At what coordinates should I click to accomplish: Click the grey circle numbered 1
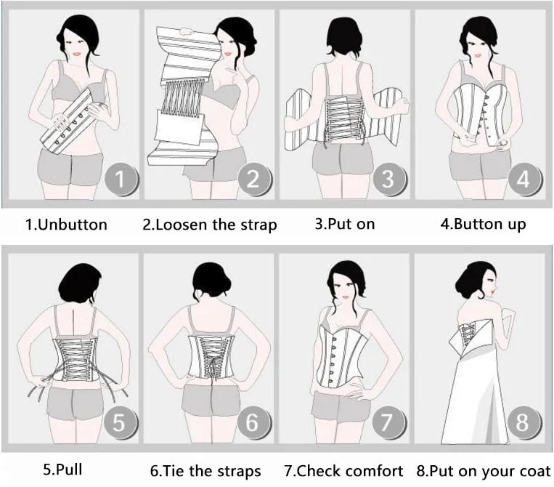[x=121, y=179]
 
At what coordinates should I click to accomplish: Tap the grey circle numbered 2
[x=253, y=179]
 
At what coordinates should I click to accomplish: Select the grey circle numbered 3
[x=389, y=179]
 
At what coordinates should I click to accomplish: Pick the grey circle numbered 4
[x=524, y=179]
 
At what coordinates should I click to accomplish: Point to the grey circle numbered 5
[x=120, y=422]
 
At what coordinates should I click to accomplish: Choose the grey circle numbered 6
[x=253, y=422]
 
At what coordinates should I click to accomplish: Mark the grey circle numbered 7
[x=388, y=422]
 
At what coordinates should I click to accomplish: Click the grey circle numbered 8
[x=524, y=422]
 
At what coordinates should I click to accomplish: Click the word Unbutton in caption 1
[x=72, y=225]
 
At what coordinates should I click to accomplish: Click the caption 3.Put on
[x=345, y=224]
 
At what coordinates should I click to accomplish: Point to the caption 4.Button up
[x=484, y=225]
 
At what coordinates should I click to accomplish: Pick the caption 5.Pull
[x=63, y=470]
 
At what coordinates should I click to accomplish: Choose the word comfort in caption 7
[x=374, y=471]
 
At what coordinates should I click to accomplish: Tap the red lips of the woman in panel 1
[x=76, y=55]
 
